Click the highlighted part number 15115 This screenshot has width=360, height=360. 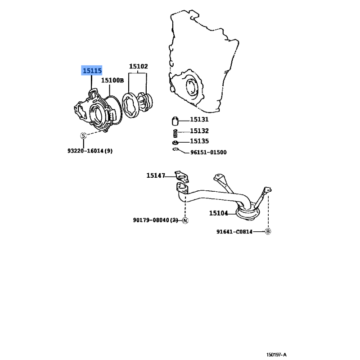tap(92, 71)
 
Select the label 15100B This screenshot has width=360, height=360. tap(112, 80)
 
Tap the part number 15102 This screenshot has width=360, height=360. tap(139, 66)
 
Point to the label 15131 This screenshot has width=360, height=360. tap(199, 119)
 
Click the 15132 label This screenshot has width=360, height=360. tap(199, 131)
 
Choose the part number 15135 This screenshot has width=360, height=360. tap(199, 141)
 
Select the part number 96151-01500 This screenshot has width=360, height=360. tap(208, 152)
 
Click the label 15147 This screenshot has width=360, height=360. tap(156, 175)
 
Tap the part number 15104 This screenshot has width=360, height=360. tap(218, 213)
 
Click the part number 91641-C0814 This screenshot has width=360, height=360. tap(234, 232)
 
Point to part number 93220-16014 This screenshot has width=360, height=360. tap(85, 151)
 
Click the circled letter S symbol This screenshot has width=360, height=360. tap(83, 136)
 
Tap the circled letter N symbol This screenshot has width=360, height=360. tap(185, 220)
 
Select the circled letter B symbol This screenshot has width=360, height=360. tap(268, 231)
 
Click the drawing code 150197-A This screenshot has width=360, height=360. tap(276, 355)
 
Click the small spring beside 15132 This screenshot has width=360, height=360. tap(175, 133)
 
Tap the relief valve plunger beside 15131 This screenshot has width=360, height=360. tap(175, 121)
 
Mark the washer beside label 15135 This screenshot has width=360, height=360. tap(175, 143)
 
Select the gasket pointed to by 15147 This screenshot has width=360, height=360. tap(182, 176)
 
